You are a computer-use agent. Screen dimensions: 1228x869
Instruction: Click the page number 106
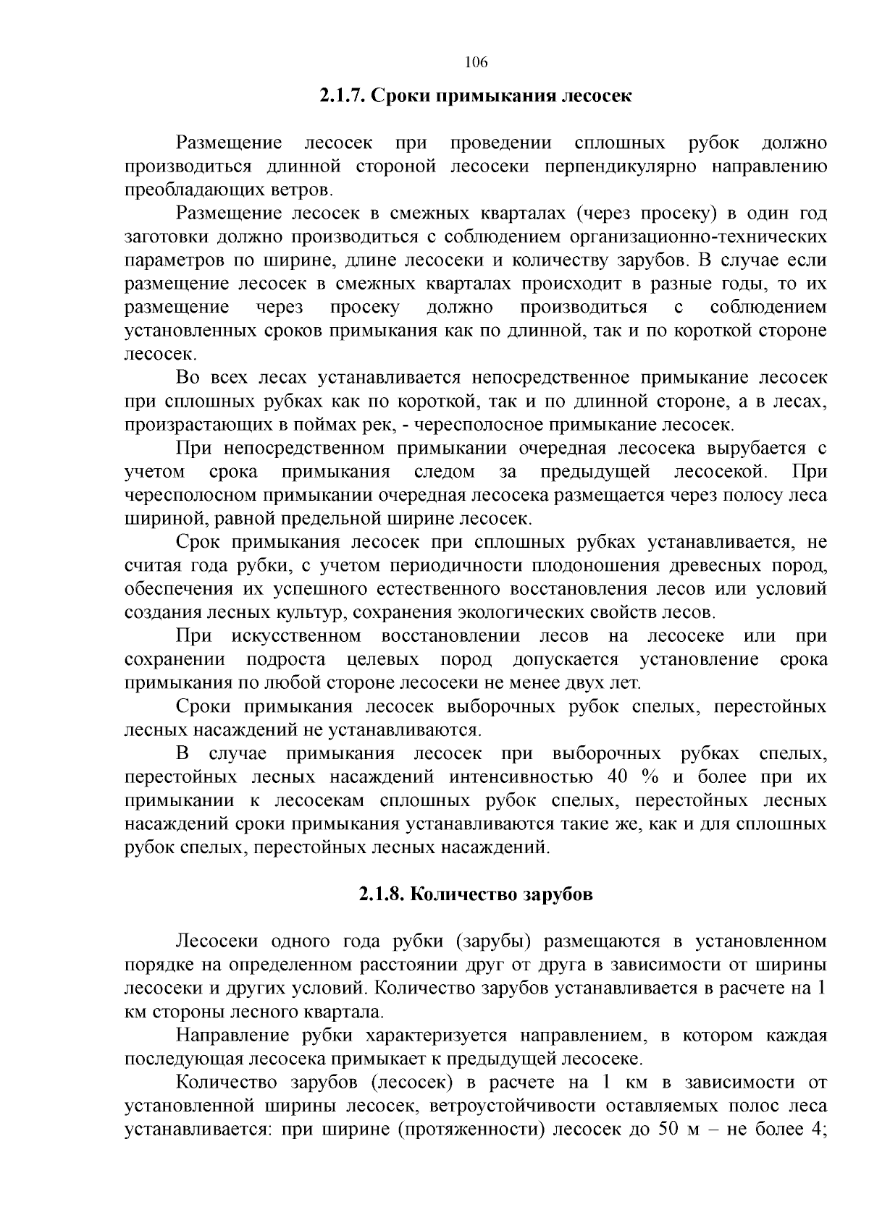coord(476,62)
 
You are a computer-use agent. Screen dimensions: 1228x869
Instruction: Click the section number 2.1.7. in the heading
coord(343,96)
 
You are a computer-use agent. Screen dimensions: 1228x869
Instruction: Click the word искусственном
coord(297,636)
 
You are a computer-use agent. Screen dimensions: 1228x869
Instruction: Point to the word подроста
coord(285,660)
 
